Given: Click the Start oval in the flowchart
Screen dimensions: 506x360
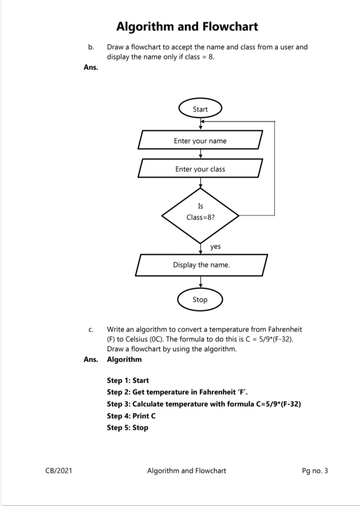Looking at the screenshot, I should click(200, 109).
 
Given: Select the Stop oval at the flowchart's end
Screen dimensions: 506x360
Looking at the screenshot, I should click(200, 300).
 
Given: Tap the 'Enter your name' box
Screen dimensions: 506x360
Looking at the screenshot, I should click(200, 141).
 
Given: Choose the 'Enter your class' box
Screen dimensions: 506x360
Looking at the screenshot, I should click(200, 169).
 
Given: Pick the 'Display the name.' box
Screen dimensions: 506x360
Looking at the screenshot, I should click(201, 265).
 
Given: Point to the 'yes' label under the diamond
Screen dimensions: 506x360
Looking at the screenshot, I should click(215, 246).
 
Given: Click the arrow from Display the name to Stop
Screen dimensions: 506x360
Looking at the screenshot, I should click(200, 282).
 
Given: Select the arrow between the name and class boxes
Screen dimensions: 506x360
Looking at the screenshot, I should click(200, 154).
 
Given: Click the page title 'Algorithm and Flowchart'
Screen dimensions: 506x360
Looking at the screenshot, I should click(187, 26).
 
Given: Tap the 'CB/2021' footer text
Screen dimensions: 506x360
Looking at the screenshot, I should click(58, 470).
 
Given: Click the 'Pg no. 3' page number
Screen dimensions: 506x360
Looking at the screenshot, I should click(315, 470).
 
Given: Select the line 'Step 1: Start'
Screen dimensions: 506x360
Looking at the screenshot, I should click(128, 380).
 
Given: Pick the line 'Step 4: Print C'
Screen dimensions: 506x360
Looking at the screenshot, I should click(131, 416).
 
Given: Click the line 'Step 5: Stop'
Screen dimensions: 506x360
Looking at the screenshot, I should click(127, 427).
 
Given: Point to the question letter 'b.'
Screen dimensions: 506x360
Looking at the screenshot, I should click(91, 47).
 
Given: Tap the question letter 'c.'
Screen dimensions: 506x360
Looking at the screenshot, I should click(91, 329).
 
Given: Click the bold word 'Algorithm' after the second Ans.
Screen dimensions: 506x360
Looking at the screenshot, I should click(124, 359).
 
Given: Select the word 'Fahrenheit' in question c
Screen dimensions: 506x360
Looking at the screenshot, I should click(285, 329).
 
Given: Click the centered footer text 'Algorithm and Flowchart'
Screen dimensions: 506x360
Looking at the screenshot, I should click(186, 470).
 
